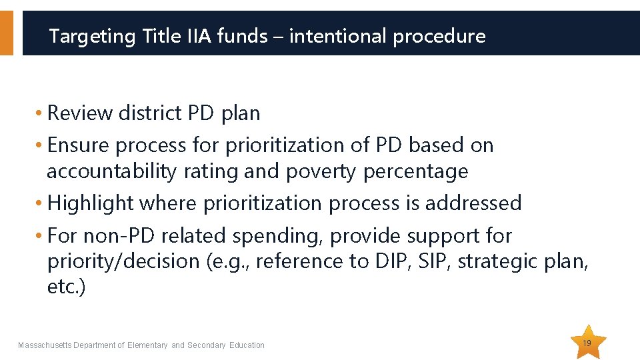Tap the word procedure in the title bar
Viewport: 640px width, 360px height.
click(439, 36)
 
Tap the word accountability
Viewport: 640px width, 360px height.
click(111, 171)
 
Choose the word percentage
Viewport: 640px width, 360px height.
click(415, 171)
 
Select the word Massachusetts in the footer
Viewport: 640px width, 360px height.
click(45, 345)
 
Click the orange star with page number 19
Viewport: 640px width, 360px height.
click(587, 343)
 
